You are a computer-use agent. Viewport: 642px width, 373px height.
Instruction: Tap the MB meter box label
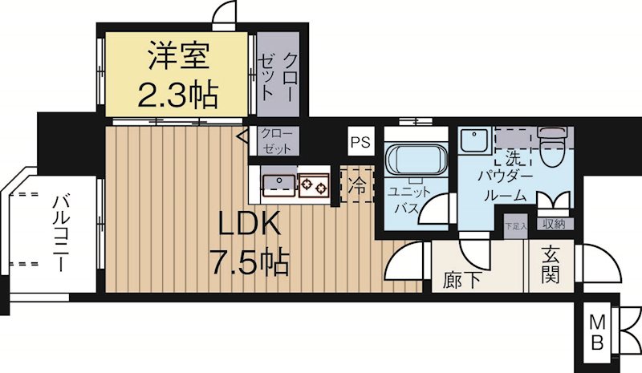[599, 330]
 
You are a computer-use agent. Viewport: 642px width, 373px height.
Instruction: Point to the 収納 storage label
[553, 225]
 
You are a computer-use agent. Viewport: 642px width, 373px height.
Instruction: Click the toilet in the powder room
[553, 144]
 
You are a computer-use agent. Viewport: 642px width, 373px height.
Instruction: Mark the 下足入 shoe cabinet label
[515, 225]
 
